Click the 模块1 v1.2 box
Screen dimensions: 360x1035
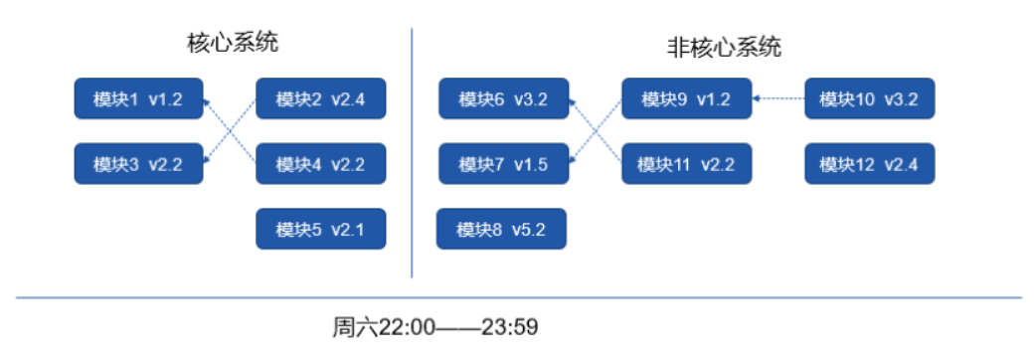138,99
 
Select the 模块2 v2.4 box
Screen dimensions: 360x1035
320,99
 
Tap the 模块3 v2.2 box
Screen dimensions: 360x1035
138,164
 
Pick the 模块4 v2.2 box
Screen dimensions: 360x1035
320,164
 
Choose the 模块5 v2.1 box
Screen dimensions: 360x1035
320,229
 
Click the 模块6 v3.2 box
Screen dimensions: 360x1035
503,99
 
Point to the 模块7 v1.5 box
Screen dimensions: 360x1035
503,164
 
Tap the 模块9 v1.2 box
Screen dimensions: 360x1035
686,99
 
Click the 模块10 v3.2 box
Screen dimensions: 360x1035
869,99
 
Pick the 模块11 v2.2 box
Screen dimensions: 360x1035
686,164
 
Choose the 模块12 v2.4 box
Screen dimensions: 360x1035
869,164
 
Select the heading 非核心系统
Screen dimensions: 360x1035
724,47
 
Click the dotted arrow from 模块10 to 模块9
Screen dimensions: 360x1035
779,98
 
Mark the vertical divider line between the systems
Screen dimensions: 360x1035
412,149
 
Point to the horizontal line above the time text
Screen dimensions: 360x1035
517,296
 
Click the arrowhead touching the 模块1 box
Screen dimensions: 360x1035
207,100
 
